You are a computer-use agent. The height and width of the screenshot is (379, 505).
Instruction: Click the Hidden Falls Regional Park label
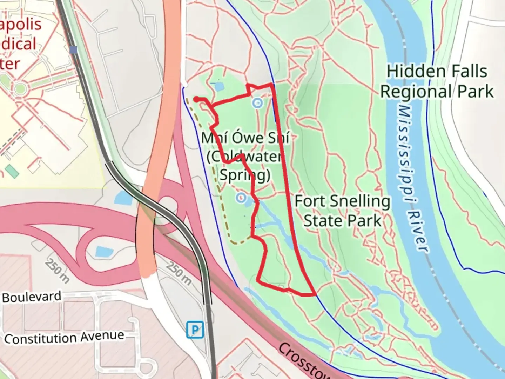[x=437, y=81]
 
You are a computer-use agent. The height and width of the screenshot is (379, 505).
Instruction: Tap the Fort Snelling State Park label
[x=342, y=211]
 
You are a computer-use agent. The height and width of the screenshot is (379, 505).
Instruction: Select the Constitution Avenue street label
[x=64, y=338]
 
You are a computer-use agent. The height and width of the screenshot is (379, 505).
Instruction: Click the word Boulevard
[x=32, y=297]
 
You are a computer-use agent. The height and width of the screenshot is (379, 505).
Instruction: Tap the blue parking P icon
[x=195, y=330]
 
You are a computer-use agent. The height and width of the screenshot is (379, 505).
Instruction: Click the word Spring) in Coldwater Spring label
[x=245, y=175]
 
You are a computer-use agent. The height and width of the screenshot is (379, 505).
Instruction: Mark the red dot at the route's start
[x=197, y=99]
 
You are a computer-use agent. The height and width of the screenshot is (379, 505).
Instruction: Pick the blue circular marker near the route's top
[x=258, y=103]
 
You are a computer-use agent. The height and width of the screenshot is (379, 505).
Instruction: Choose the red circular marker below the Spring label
[x=241, y=197]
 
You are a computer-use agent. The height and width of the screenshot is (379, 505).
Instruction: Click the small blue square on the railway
[x=73, y=50]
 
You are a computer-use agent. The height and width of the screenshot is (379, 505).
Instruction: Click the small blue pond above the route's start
[x=218, y=86]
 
